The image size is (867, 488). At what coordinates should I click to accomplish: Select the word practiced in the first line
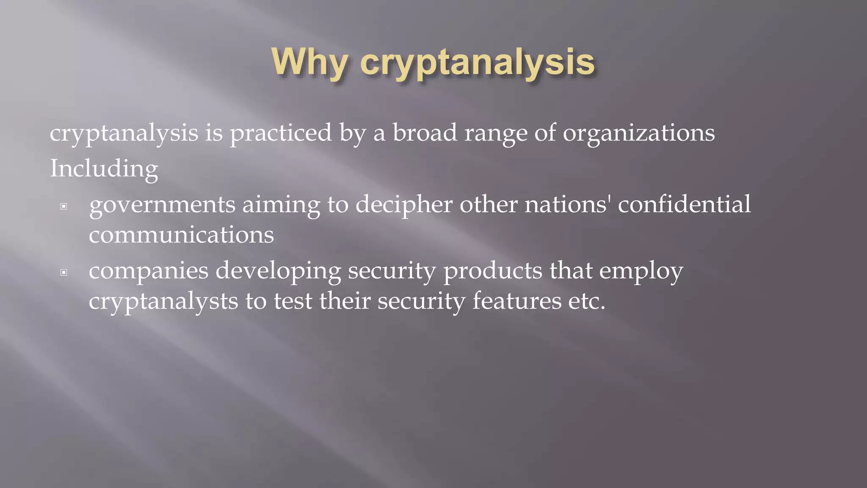(x=281, y=133)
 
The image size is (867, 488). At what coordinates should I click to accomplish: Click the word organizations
(x=638, y=133)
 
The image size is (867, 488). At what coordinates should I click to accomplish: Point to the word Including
(x=104, y=169)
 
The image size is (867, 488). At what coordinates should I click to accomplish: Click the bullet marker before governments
(x=64, y=207)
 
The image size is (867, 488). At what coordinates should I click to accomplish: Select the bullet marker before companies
(x=64, y=272)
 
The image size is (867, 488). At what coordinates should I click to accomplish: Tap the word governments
(x=162, y=205)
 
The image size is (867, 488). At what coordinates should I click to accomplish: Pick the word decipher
(x=404, y=205)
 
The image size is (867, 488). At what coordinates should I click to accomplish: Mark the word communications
(x=181, y=235)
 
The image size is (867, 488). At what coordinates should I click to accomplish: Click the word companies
(x=149, y=271)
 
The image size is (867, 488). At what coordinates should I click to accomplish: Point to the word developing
(x=278, y=271)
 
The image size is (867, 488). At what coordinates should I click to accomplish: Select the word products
(x=492, y=271)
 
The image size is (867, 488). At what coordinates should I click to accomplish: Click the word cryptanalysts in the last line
(x=163, y=302)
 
